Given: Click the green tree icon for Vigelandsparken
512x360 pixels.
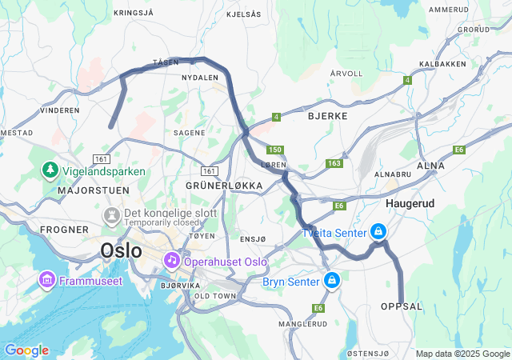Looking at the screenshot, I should tap(50, 170).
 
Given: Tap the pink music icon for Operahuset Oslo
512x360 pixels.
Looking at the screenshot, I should tap(171, 261).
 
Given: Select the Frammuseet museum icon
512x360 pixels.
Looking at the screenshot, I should tap(46, 280).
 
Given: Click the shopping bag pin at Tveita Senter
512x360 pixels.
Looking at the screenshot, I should tap(377, 232).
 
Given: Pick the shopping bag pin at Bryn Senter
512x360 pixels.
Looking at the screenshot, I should tap(331, 281).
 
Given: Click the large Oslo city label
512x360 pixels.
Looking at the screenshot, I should tap(121, 250).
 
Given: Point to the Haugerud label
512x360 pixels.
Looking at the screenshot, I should tap(410, 204).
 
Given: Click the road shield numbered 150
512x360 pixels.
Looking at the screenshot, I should tap(275, 150).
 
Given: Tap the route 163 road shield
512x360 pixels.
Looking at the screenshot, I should tap(334, 164).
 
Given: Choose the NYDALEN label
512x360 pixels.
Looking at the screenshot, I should tap(200, 78).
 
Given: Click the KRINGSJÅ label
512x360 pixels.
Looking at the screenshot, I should tap(133, 13).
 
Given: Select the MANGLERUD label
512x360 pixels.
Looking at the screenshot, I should tap(302, 324).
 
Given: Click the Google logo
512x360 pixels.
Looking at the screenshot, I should tap(26, 350).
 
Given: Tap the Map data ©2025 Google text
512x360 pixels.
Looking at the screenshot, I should tap(462, 354).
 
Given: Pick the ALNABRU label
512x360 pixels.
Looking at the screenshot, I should tap(393, 173).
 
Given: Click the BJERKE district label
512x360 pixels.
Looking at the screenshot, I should tap(327, 116).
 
